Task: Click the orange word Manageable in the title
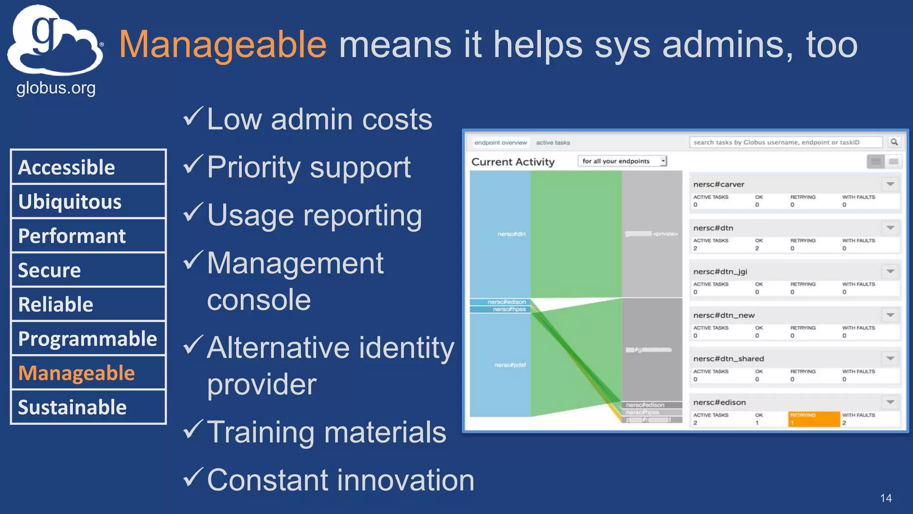(222, 45)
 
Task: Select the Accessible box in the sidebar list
(88, 167)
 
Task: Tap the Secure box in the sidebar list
(88, 270)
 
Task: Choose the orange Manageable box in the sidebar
(88, 373)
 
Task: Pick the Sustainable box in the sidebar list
(88, 407)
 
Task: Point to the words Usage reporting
(314, 216)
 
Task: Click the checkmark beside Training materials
(193, 429)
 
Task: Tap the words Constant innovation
(341, 480)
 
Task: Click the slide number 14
(886, 498)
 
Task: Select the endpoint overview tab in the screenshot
(500, 143)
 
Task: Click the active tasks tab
(553, 143)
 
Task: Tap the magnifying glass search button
(894, 142)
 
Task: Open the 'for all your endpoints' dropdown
(622, 161)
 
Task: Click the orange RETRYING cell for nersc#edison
(814, 419)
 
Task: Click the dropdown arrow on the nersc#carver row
(890, 184)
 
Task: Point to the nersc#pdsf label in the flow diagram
(510, 365)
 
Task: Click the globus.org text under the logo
(56, 88)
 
